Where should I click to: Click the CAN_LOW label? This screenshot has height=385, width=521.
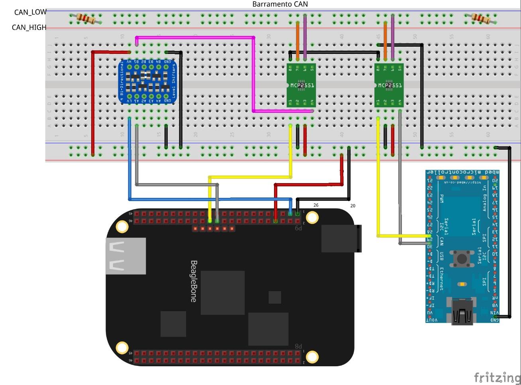click(30, 12)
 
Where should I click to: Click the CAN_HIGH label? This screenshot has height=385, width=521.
click(29, 28)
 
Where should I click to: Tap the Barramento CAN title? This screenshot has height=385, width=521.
click(280, 4)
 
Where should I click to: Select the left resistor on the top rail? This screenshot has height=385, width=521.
click(86, 18)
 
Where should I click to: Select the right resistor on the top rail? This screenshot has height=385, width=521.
click(480, 18)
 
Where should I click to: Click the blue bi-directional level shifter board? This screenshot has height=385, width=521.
click(148, 81)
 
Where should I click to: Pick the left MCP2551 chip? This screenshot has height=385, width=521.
click(301, 85)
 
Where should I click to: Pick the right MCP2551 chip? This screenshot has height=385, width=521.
click(389, 85)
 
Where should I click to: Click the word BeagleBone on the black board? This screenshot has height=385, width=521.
click(194, 281)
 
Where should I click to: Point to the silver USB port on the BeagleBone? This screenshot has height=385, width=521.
click(125, 256)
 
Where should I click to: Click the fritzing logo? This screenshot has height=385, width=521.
click(497, 377)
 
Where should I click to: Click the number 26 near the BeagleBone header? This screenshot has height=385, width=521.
click(316, 205)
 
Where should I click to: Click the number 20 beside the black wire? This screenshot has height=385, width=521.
click(353, 206)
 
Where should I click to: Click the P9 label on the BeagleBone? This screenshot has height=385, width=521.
click(298, 228)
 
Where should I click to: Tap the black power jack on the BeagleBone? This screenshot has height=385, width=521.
click(341, 239)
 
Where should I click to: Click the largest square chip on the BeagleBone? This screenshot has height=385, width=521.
click(222, 292)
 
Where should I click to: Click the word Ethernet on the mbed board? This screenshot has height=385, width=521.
click(442, 279)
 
